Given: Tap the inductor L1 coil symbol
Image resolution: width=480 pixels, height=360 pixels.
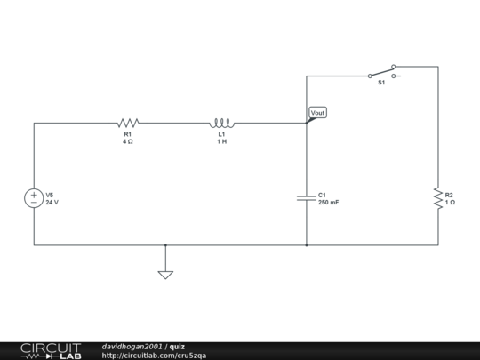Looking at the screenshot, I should [221, 123].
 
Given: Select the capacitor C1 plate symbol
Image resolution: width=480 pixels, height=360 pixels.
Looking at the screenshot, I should [307, 198].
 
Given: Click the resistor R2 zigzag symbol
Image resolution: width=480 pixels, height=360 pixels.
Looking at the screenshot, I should [437, 198].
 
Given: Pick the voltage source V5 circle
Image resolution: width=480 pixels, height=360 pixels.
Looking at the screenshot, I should [34, 198].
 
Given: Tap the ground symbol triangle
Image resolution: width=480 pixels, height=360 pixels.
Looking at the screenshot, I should [165, 275].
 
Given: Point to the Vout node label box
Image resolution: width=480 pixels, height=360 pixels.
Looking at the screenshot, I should [317, 113].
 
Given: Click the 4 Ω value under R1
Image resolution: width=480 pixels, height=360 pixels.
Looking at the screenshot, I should [128, 141].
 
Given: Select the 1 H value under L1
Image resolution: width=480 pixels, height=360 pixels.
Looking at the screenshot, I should [221, 141].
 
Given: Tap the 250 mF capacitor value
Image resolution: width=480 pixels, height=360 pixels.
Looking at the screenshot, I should [328, 203].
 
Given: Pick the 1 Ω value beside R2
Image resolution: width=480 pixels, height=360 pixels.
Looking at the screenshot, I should [450, 203].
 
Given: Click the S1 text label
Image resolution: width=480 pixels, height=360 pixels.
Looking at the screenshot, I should [380, 82].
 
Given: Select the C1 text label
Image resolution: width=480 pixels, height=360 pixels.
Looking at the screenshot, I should [323, 195].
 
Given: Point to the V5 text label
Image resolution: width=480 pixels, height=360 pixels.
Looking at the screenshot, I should [50, 195].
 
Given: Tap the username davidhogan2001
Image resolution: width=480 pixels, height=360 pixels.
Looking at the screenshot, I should [132, 346].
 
